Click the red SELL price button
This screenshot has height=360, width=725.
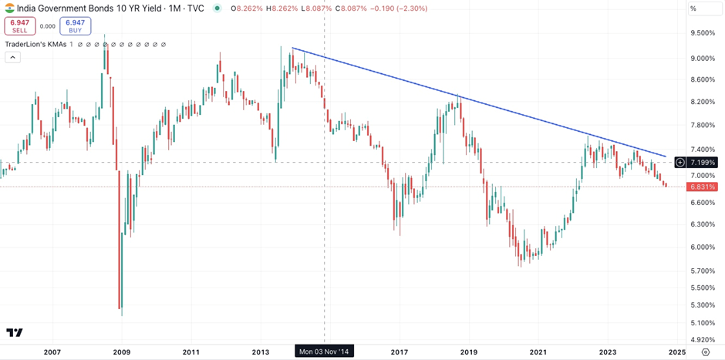19,26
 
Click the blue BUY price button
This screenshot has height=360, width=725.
75,26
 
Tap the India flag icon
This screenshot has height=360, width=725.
9,8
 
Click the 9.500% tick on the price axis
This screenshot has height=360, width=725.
703,32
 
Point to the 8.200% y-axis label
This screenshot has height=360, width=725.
703,102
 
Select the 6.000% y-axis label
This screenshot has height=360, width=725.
703,247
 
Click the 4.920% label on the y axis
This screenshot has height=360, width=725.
703,338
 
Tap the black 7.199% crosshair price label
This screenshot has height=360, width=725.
703,163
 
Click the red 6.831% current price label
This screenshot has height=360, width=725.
703,187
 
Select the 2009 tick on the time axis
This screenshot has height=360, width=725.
122,352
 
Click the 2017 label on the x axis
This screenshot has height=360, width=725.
400,352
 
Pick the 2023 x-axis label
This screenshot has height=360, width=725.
608,352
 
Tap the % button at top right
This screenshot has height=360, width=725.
693,8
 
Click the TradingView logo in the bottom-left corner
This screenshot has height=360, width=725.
15,333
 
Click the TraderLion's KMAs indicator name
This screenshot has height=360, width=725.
35,45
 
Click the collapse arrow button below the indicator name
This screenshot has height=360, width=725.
12,57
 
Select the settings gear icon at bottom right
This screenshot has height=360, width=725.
705,352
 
